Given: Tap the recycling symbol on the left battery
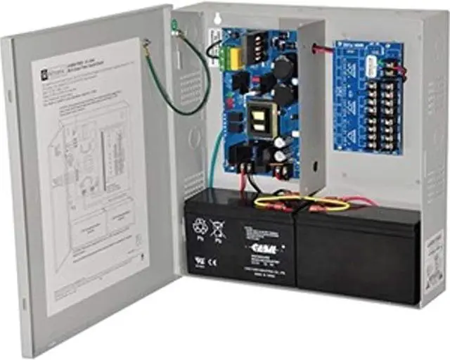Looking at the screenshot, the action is (199, 226).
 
